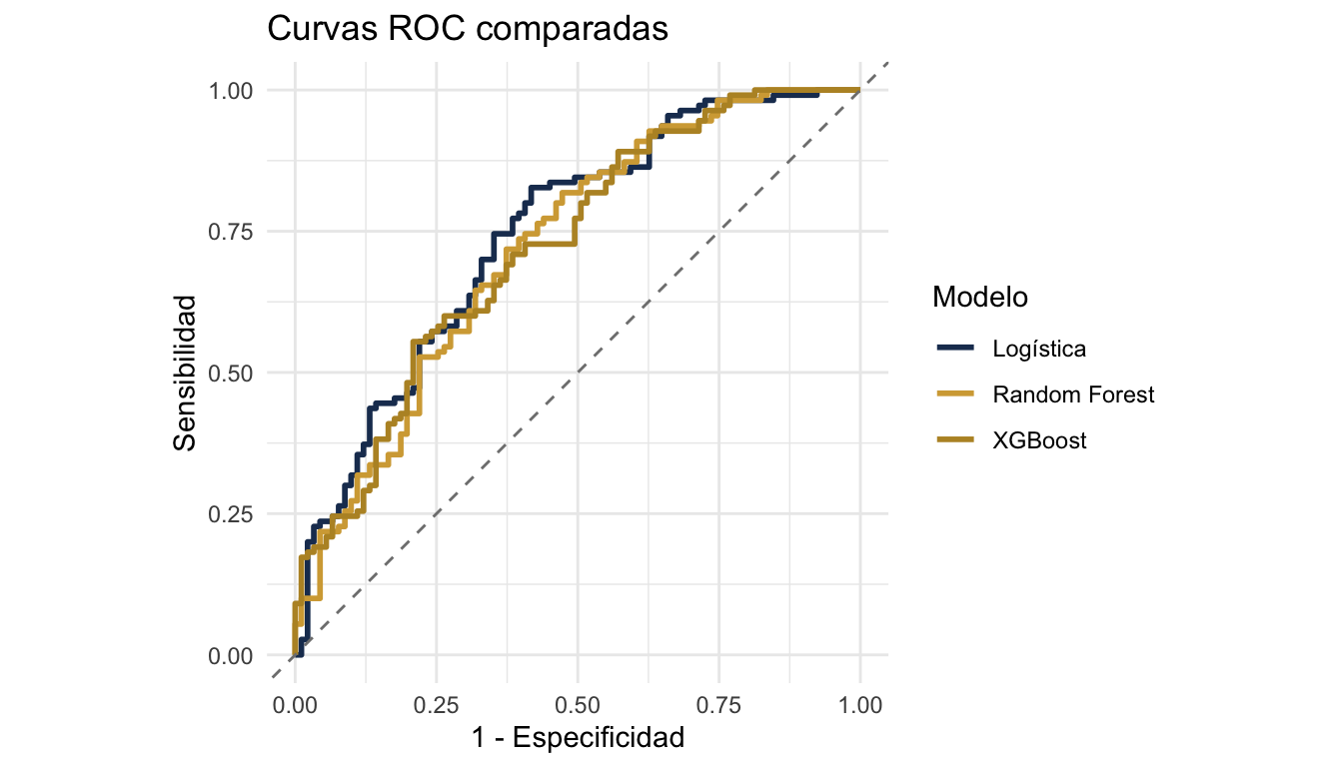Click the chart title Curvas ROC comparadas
coord(467,31)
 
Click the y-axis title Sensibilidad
coord(185,372)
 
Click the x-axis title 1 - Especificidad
coord(578,738)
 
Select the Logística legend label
coord(1039,349)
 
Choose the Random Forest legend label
coord(1073,394)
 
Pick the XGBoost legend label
coord(1039,440)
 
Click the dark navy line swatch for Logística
coord(955,349)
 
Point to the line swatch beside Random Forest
coord(955,394)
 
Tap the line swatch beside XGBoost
coord(955,440)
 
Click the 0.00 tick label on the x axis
coord(295,704)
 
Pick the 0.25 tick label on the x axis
coord(437,704)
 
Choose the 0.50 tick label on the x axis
coord(578,704)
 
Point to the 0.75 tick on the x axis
coord(719,704)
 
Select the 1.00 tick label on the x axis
coord(860,704)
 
